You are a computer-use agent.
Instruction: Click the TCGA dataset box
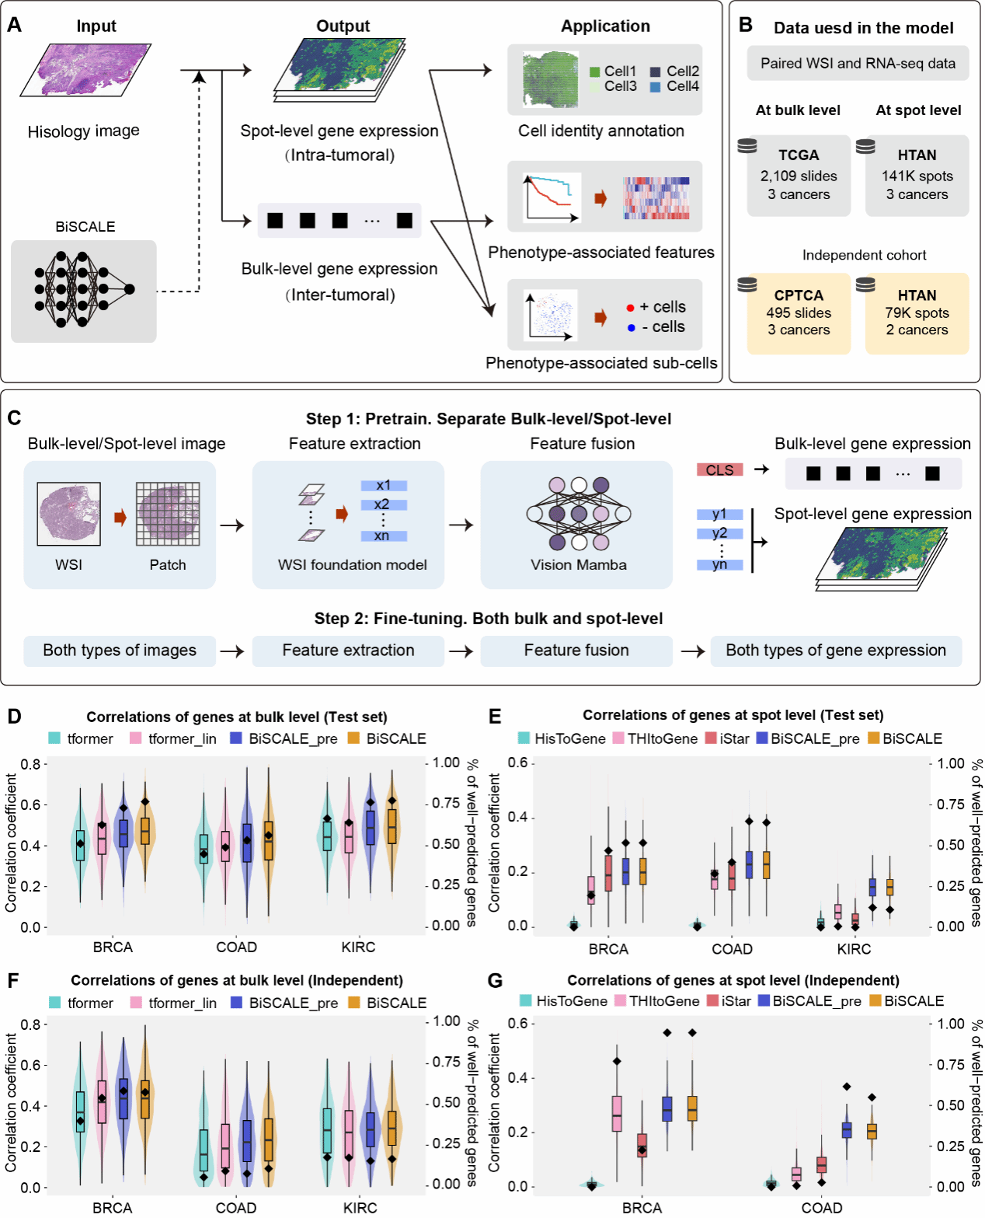[799, 175]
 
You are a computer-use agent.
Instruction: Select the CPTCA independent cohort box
[799, 312]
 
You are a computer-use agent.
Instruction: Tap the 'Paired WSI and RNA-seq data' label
[858, 64]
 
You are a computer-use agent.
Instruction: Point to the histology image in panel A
[85, 70]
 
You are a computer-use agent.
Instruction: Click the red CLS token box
[719, 469]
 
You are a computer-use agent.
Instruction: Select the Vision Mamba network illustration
[579, 512]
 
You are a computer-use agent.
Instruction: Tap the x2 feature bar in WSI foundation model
[383, 504]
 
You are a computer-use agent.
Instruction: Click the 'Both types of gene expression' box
[836, 651]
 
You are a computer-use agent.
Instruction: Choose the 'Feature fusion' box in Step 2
[576, 651]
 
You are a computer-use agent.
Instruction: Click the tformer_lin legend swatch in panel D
[136, 738]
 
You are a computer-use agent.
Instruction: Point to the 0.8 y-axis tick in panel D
[30, 764]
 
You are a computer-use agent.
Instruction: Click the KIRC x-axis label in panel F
[360, 1208]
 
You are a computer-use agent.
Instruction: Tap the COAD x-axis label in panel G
[822, 1208]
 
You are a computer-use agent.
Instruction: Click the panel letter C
[14, 418]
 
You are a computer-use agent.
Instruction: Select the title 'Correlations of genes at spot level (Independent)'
[733, 980]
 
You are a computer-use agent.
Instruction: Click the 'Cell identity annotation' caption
[601, 131]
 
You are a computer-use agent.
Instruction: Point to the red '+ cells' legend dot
[630, 308]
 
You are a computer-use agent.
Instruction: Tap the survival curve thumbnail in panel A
[552, 197]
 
